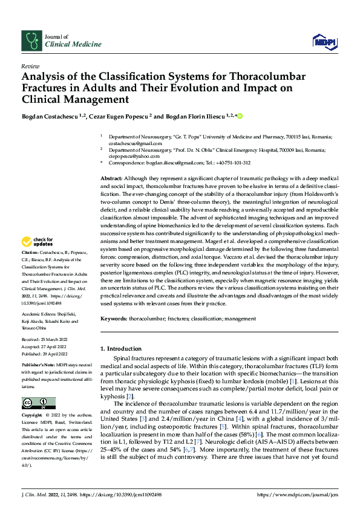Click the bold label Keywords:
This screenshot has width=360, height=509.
[x=114, y=319]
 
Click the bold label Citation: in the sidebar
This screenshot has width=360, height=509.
[x=30, y=252]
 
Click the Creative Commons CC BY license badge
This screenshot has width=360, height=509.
[x=38, y=403]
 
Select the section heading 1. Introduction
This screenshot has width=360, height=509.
[x=120, y=348]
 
